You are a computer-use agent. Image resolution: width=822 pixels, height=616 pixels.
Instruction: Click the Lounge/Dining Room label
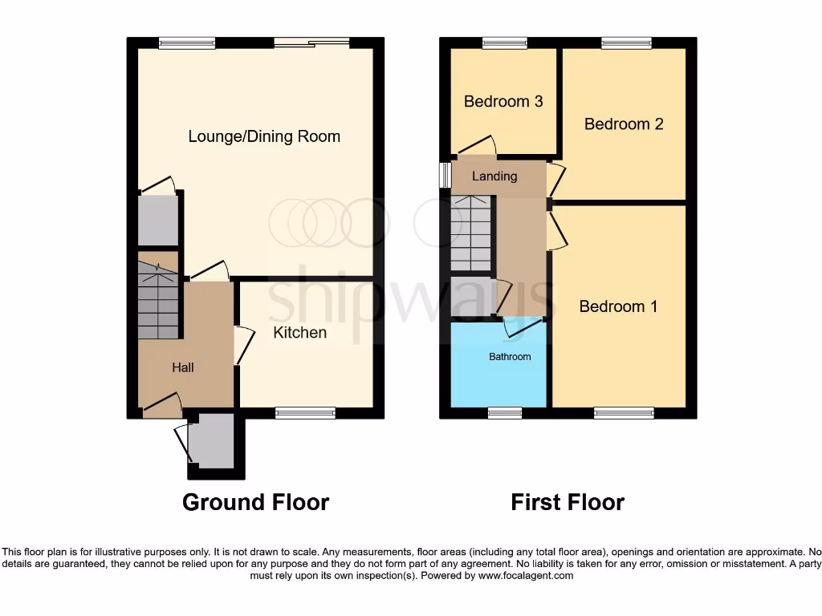(x=264, y=136)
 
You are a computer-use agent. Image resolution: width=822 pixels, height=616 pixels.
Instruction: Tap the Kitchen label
(x=299, y=332)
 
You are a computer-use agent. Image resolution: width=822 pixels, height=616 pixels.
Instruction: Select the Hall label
(x=183, y=367)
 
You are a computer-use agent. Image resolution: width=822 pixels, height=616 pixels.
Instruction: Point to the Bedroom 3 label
(x=503, y=101)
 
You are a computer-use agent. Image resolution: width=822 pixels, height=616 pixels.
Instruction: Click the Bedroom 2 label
(x=624, y=124)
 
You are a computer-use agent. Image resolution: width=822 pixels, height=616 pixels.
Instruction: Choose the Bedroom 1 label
(x=618, y=306)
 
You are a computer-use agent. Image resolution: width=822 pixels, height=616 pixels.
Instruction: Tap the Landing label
(x=494, y=176)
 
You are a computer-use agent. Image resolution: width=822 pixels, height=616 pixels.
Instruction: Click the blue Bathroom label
(x=510, y=356)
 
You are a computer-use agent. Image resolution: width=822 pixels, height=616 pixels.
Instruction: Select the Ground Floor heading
(x=255, y=502)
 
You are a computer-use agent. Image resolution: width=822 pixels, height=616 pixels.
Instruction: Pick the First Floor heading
(x=568, y=502)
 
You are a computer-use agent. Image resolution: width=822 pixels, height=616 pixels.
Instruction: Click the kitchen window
(x=305, y=413)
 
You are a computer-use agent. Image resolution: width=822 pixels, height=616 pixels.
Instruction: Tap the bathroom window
(x=505, y=413)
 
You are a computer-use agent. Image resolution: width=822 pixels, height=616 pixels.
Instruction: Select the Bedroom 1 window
(x=624, y=413)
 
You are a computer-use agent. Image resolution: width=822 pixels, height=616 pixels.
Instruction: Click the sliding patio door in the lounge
(x=311, y=43)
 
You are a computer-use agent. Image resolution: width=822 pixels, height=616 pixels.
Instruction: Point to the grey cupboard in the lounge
(x=157, y=220)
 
